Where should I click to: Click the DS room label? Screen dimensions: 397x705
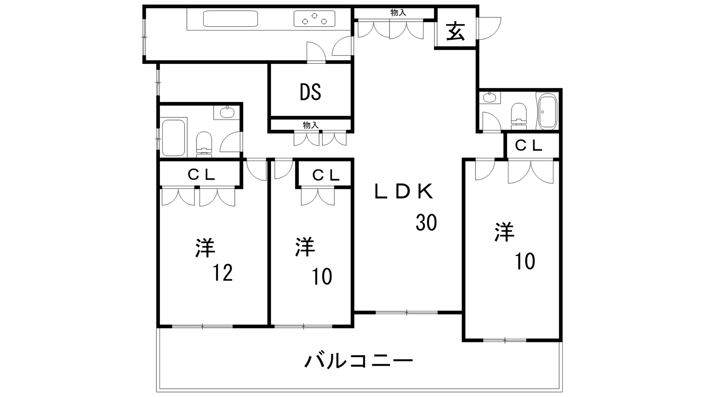(310, 92)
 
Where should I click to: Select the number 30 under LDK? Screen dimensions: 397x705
(426, 222)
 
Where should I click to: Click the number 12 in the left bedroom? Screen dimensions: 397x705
(223, 273)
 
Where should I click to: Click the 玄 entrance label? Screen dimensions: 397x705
(455, 31)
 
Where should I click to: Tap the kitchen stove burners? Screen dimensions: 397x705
(314, 19)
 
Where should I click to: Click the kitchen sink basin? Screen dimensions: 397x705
(230, 19)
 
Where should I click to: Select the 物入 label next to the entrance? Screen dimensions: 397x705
(398, 13)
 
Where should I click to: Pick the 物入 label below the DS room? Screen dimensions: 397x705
(310, 125)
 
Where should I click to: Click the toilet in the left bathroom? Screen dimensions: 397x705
(204, 142)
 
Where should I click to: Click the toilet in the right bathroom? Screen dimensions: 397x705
(519, 112)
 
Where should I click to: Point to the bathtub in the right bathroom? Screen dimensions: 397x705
(548, 112)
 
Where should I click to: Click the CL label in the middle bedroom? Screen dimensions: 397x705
(326, 175)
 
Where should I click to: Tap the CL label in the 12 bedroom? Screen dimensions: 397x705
(201, 175)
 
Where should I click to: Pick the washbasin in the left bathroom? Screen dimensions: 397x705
(226, 112)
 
